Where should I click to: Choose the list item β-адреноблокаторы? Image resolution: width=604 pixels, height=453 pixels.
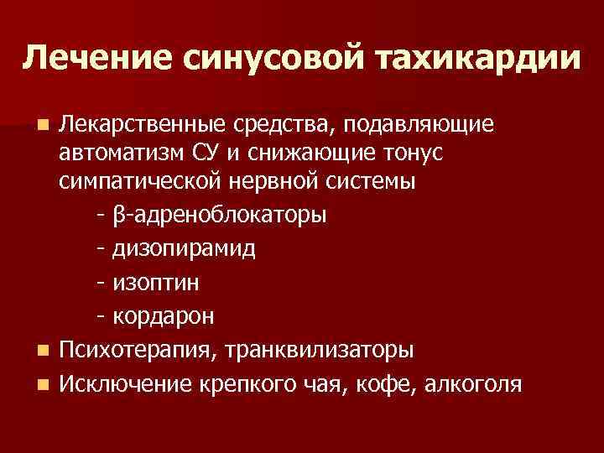click(219, 216)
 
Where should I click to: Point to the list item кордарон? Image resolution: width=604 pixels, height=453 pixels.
click(162, 316)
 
